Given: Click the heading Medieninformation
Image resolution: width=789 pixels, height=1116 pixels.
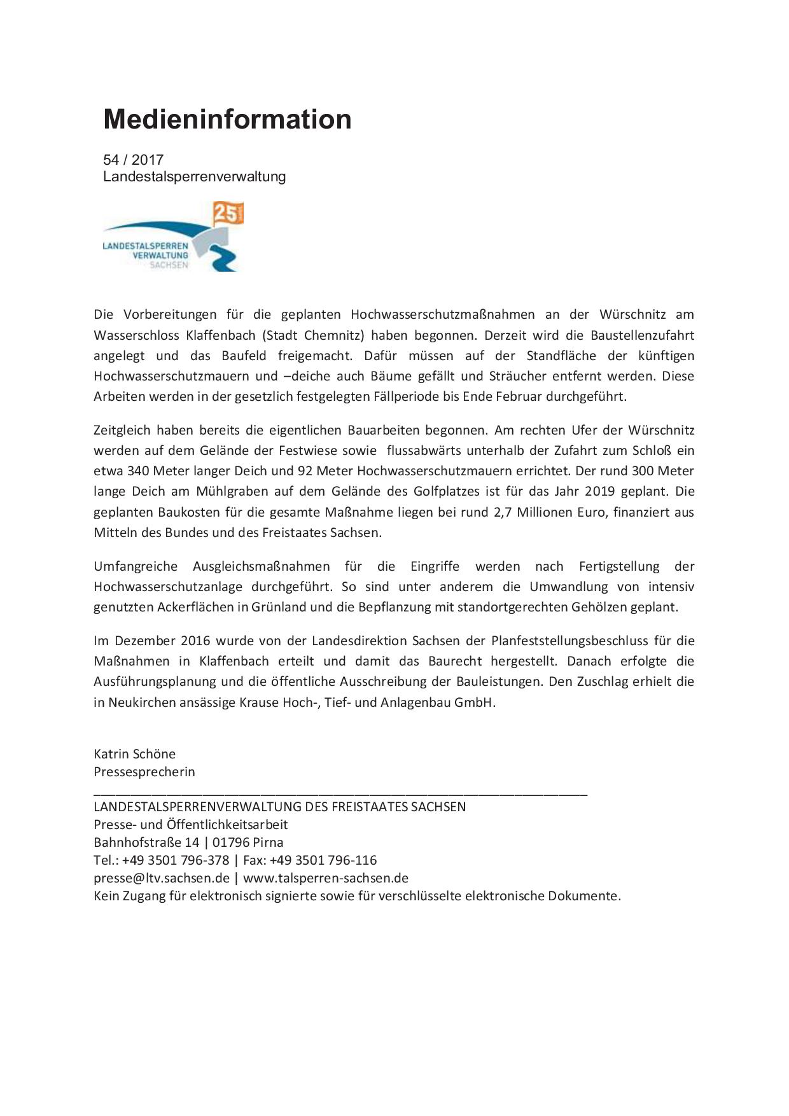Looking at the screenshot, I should (x=227, y=120).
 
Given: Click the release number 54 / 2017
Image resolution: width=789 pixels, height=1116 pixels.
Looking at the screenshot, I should (x=133, y=160).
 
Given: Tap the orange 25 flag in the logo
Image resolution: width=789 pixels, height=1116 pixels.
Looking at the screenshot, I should (x=227, y=214).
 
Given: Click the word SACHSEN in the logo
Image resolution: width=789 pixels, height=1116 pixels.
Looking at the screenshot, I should (x=169, y=265).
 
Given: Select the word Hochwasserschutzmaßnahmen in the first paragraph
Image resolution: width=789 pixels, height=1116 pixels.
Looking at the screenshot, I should (x=443, y=314).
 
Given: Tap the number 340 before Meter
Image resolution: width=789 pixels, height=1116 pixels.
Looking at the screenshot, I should (x=138, y=471).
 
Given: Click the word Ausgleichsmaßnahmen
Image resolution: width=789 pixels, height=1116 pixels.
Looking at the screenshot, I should (x=262, y=566).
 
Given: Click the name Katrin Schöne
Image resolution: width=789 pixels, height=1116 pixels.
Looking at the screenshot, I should (x=134, y=754).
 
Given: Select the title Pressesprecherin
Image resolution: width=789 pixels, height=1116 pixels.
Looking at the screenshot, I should (x=144, y=772).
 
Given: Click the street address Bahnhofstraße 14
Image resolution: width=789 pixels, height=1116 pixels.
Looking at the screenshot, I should (x=146, y=842).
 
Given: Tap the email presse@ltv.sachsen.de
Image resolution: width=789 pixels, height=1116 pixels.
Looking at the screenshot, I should (x=162, y=878).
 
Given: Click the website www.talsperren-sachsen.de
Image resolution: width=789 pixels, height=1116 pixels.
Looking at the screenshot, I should (x=326, y=878).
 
